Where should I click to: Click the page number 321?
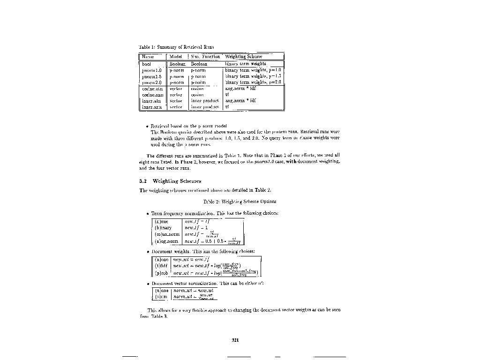236,340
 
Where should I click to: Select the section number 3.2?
144,181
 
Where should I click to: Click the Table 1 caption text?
176,47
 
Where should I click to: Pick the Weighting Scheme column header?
244,57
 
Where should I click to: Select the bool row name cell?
147,64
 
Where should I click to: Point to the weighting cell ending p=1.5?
253,76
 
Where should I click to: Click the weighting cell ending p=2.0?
253,82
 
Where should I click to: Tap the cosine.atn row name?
152,88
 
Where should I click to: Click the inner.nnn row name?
152,106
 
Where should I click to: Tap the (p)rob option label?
162,273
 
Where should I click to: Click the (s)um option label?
162,297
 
